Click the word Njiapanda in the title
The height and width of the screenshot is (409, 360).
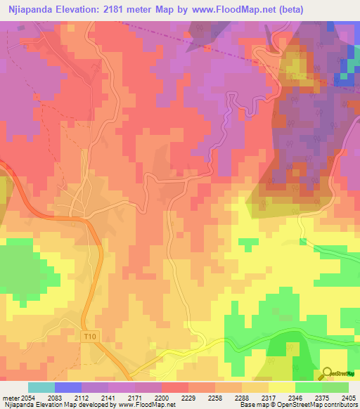(32, 9)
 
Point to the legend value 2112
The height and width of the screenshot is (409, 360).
(89, 397)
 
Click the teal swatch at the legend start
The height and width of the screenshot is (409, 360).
(41, 387)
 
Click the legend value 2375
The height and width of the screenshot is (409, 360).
(314, 397)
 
